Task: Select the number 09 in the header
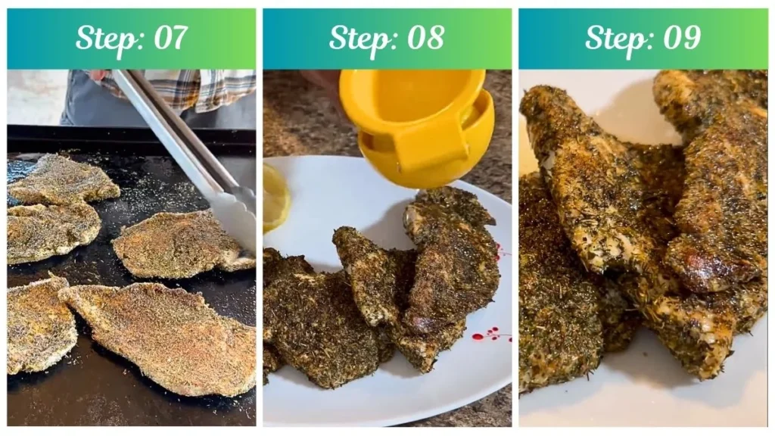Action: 681,38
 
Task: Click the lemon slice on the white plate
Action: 275,198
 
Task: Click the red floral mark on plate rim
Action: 487,334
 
